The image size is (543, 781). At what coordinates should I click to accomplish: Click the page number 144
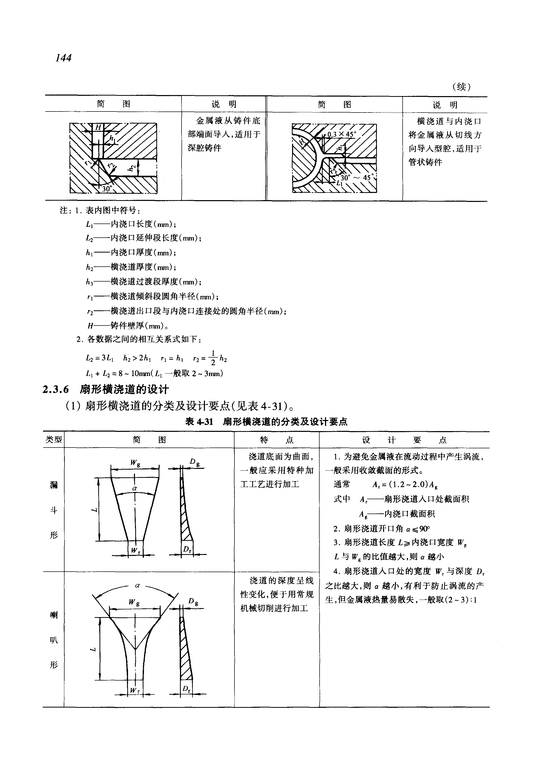[x=64, y=58]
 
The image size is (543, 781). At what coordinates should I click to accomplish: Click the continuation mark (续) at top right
[x=461, y=87]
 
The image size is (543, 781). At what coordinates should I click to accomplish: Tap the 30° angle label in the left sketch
[x=107, y=188]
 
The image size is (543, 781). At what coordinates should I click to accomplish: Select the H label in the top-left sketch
[x=98, y=127]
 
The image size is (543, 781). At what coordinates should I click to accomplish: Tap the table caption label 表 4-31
[x=199, y=422]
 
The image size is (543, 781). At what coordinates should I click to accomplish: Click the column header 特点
[x=276, y=440]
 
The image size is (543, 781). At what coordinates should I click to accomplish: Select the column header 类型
[x=53, y=440]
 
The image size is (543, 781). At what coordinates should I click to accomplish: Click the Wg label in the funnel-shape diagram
[x=135, y=463]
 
